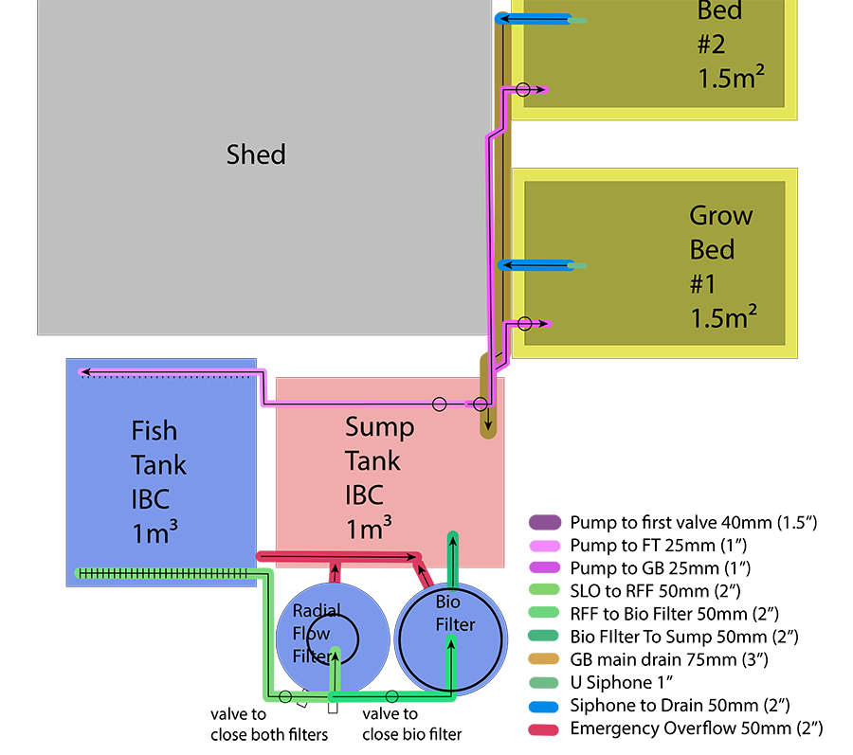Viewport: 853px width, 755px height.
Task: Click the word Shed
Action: [256, 154]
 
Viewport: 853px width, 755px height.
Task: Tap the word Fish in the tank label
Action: [154, 431]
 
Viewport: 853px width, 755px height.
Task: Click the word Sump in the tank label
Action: [379, 427]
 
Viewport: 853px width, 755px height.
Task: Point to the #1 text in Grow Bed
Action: [703, 284]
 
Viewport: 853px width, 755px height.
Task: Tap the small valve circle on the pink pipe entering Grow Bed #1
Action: [523, 324]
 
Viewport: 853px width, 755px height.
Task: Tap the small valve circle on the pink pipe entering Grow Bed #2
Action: [522, 90]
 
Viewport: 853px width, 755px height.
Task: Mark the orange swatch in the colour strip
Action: [540, 658]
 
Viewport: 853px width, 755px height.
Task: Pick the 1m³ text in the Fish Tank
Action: [154, 532]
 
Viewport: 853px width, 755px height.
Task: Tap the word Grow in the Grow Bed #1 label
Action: [720, 216]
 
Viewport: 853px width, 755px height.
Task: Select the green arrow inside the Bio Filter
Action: [450, 663]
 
